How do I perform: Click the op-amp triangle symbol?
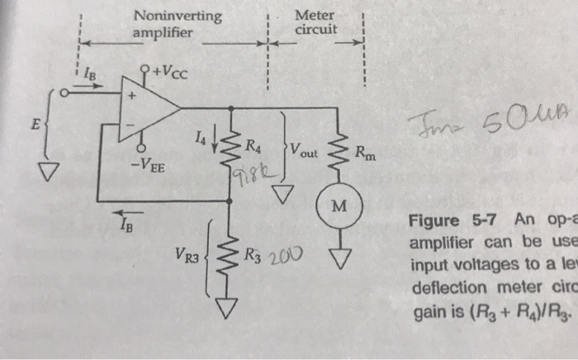[x=149, y=107]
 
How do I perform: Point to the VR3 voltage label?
[x=188, y=258]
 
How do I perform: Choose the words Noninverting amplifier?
[x=178, y=24]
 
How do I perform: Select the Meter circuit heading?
[x=314, y=24]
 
